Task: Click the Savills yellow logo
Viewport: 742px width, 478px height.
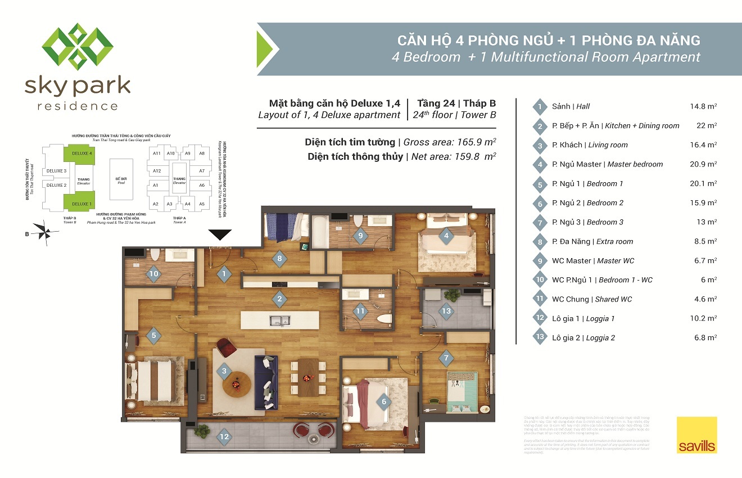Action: click(x=696, y=435)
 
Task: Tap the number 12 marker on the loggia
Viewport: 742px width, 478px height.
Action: click(x=225, y=435)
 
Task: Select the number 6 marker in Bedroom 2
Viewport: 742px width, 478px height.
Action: click(x=384, y=402)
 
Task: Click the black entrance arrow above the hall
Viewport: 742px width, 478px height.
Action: click(x=220, y=235)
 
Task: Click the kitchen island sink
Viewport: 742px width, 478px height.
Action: click(x=279, y=321)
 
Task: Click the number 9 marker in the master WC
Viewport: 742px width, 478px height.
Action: click(x=360, y=236)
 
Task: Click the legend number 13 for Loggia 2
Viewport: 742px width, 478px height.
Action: click(x=539, y=338)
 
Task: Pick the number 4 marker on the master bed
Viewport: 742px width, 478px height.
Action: click(x=446, y=236)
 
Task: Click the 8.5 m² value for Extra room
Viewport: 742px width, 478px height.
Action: click(x=705, y=241)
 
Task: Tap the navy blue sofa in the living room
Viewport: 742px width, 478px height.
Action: click(x=264, y=382)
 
